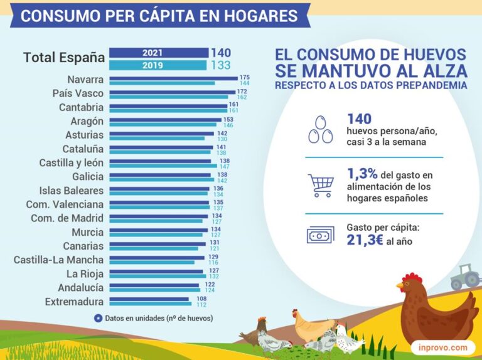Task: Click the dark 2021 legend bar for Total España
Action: pyautogui.click(x=158, y=53)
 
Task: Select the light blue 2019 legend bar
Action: pyautogui.click(x=158, y=65)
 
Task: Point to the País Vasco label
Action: pyautogui.click(x=78, y=93)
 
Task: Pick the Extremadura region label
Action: pyautogui.click(x=75, y=302)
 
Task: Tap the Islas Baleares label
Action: pyautogui.click(x=71, y=191)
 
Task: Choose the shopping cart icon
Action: pyautogui.click(x=321, y=185)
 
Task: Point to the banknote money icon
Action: pyautogui.click(x=321, y=235)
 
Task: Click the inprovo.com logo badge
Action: pyautogui.click(x=442, y=347)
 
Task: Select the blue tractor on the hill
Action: pyautogui.click(x=465, y=277)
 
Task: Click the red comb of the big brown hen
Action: pyautogui.click(x=412, y=278)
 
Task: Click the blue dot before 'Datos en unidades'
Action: pyautogui.click(x=98, y=318)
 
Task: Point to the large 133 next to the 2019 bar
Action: pyautogui.click(x=221, y=65)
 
